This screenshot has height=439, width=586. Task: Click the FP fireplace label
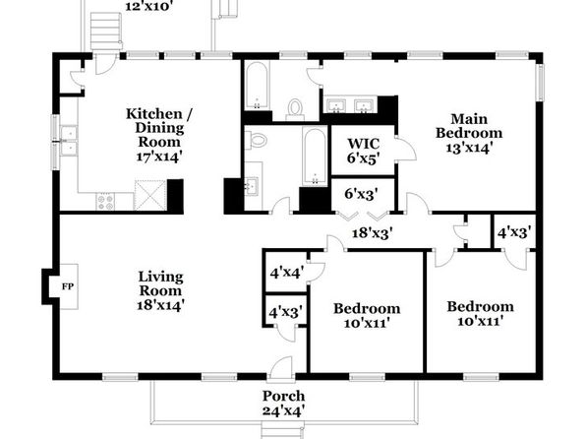68,286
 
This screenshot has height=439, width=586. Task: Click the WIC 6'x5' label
363,151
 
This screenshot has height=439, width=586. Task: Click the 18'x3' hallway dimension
373,233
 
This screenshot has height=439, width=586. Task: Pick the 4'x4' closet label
287,272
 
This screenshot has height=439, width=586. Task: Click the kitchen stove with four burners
105,202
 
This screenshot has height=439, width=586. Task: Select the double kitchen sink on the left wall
69,141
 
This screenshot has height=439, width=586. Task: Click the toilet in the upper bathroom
295,109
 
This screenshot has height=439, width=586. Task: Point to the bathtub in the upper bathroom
257,86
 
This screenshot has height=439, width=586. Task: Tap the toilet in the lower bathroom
257,139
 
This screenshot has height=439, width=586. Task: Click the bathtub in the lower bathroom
315,157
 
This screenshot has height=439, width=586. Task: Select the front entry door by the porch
281,368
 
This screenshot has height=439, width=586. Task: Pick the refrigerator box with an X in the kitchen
150,196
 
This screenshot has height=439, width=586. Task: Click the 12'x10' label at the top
148,6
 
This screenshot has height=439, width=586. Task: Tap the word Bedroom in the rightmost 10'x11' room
480,307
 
